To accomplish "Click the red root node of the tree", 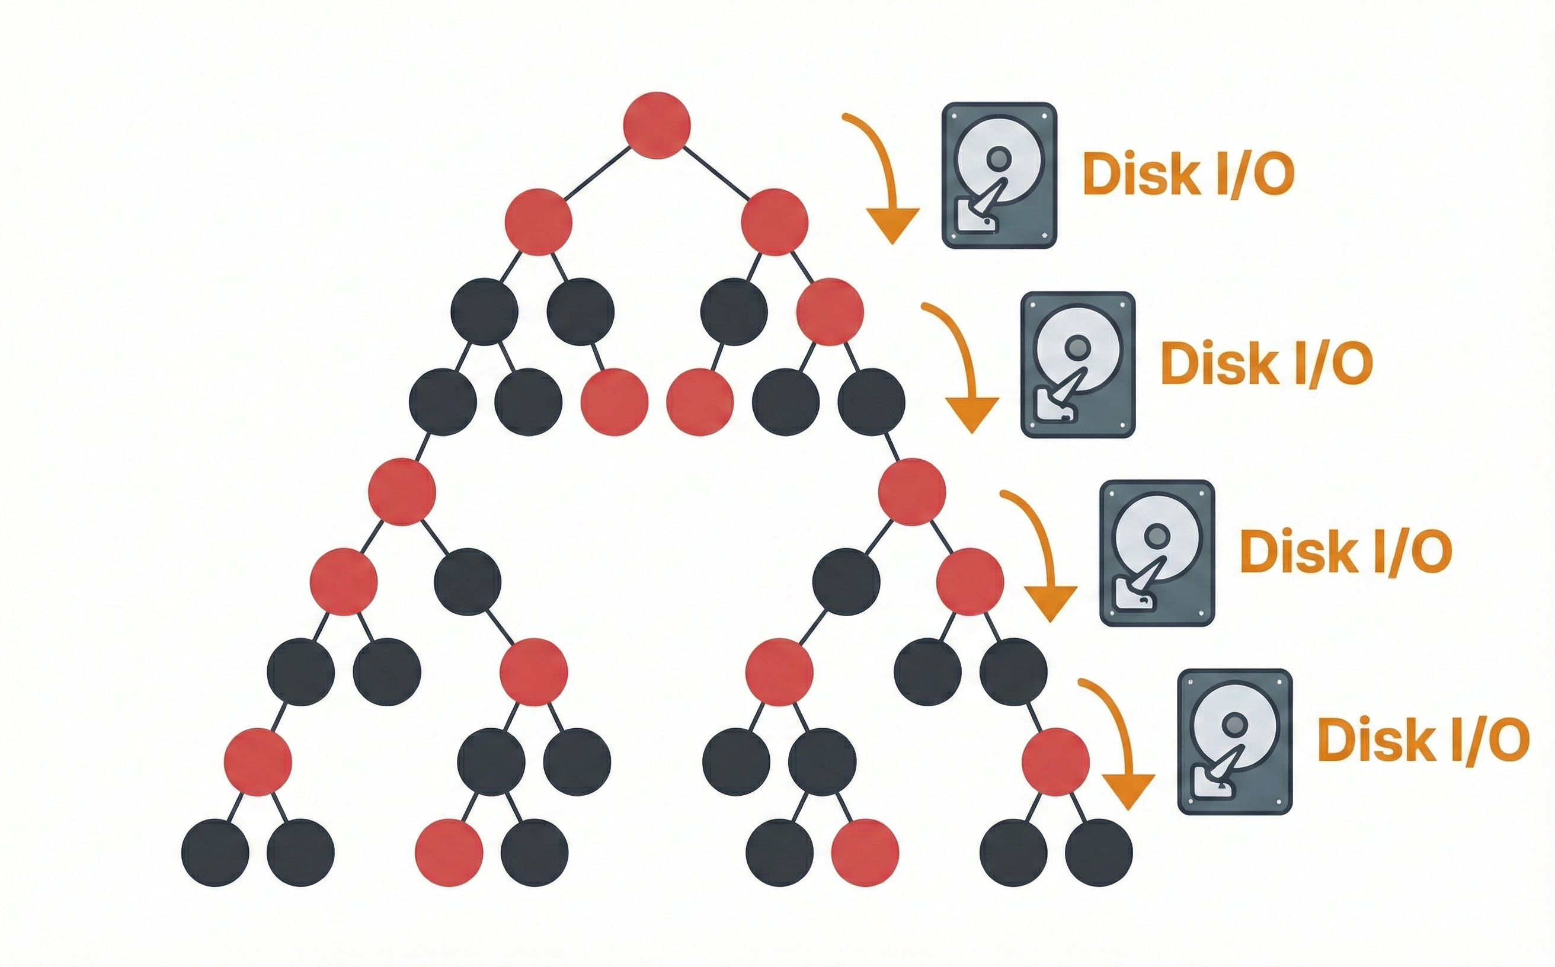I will click(x=657, y=126).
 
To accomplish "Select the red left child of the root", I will click(x=538, y=222).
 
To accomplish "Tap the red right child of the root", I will click(x=775, y=222).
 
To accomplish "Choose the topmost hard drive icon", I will click(x=999, y=175).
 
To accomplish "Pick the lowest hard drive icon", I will click(x=1234, y=741).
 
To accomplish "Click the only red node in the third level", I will click(x=830, y=312).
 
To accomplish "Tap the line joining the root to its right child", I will click(x=716, y=172).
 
